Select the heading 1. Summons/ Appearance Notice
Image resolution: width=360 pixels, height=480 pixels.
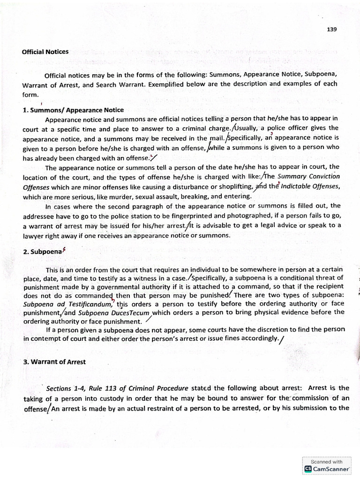[73, 110]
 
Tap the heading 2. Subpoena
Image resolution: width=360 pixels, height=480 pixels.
[42, 251]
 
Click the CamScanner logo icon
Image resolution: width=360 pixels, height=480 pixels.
[308, 468]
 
